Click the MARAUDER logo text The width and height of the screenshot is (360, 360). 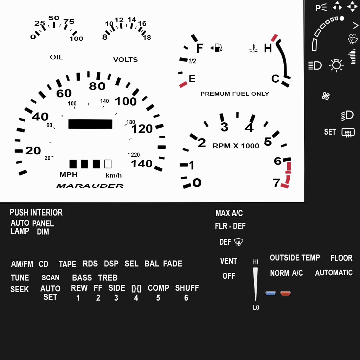pos(90,186)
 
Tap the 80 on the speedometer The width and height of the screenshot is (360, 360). pos(97,86)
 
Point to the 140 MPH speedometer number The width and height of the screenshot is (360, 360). pos(141,164)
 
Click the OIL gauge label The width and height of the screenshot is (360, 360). pos(57,57)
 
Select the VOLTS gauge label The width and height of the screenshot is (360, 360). pos(126,59)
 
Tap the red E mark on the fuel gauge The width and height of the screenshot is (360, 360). pos(183,84)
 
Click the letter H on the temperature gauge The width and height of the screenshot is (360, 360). pos(268,48)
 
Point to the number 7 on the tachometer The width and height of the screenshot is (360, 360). pos(276,183)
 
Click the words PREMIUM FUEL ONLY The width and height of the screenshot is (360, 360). pos(234,94)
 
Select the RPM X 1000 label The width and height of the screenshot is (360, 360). pos(236,146)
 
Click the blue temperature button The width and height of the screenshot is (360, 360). pos(270,294)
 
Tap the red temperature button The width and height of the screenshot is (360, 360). pos(285,294)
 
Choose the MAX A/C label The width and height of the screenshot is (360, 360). pos(229,213)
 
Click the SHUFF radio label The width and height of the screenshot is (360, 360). pos(187,288)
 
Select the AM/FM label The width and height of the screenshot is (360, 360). pos(22,264)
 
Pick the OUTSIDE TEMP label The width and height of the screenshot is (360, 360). pos(295,258)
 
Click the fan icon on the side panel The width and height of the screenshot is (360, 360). pos(326,96)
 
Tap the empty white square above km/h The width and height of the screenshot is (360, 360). pos(108,164)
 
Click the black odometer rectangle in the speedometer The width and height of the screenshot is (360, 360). pos(90,124)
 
